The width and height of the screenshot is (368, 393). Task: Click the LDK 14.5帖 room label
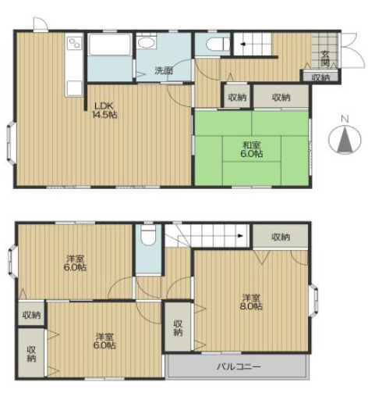click(104, 110)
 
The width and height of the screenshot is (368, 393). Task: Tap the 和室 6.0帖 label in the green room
click(251, 149)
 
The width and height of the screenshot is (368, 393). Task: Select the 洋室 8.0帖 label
click(251, 302)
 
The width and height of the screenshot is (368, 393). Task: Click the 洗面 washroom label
click(164, 70)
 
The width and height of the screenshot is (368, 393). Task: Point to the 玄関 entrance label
click(325, 59)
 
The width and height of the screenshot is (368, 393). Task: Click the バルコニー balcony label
click(239, 366)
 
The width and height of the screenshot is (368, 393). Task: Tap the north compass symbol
click(345, 139)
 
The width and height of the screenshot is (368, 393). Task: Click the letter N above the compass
click(345, 119)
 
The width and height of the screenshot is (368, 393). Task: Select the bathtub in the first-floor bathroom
click(109, 45)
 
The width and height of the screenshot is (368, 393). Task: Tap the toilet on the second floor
click(148, 235)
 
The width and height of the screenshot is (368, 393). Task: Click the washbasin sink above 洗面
click(147, 42)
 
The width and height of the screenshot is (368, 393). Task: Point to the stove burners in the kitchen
click(74, 43)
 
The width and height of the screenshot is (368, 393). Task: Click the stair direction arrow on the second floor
click(240, 236)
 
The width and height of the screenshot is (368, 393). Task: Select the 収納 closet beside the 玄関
click(320, 77)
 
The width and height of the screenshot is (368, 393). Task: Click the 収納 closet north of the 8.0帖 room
click(281, 237)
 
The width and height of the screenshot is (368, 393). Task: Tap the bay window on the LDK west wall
click(11, 142)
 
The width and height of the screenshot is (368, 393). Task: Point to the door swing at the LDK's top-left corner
click(41, 24)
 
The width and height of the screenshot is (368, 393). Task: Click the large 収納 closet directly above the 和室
click(281, 96)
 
